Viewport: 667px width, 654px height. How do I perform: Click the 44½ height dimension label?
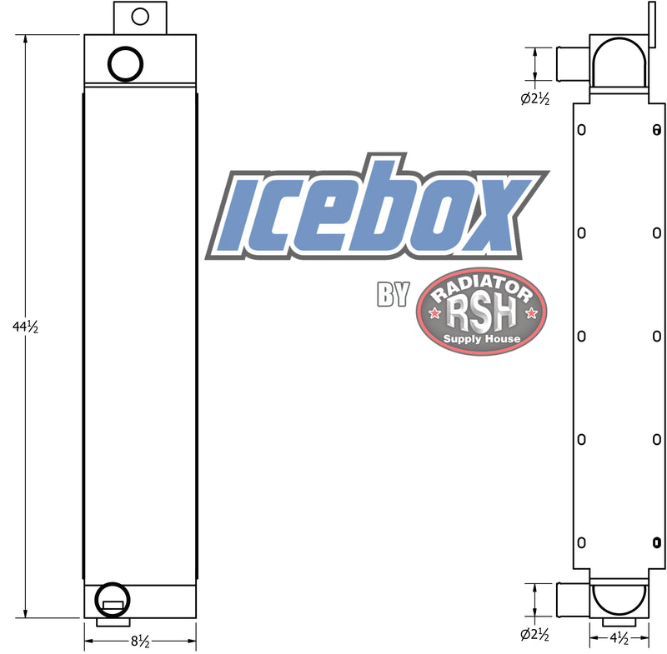(x=26, y=327)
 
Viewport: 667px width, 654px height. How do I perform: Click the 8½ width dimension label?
(x=140, y=641)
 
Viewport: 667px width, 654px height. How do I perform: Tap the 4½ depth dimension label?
(x=619, y=638)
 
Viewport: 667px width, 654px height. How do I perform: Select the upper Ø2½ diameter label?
(x=535, y=99)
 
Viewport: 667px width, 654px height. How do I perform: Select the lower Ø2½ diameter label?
(x=534, y=635)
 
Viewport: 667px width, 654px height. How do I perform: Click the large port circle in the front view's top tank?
(x=125, y=47)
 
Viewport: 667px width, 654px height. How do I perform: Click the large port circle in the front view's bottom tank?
(x=112, y=583)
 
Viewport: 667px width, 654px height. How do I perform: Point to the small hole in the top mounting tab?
(x=140, y=17)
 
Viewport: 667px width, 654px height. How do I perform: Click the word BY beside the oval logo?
(x=393, y=294)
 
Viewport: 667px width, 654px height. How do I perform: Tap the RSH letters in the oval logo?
(x=481, y=313)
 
